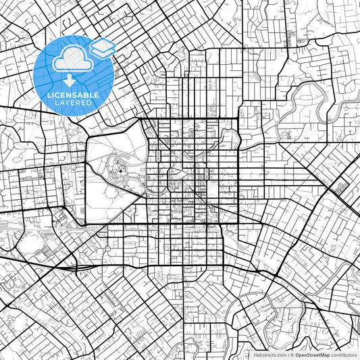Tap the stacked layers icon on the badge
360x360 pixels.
coord(103,48)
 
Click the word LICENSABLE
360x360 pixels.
coord(73,95)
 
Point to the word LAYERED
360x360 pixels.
coord(73,103)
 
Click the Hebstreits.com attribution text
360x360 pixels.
coord(267,354)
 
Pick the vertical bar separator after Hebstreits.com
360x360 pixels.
coord(286,354)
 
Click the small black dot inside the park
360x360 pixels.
coord(120,172)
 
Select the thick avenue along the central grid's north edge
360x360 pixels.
coord(189,120)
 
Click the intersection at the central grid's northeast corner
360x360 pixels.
coord(238,120)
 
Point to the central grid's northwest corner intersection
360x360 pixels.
coord(140,120)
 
